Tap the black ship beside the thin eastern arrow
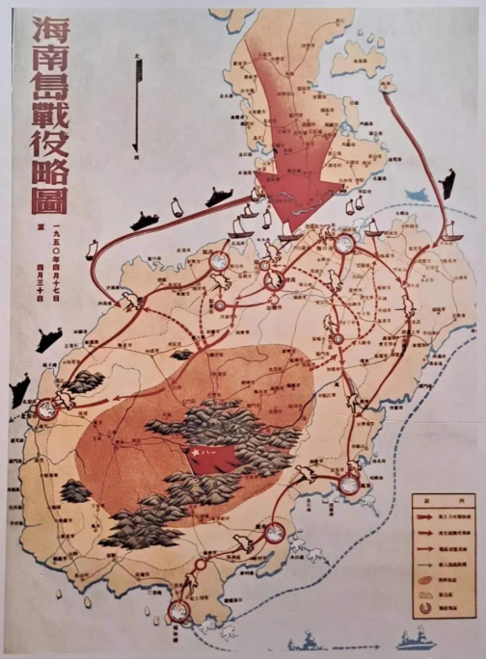[446, 183]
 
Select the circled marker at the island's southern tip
[178, 610]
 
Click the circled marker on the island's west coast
[42, 409]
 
